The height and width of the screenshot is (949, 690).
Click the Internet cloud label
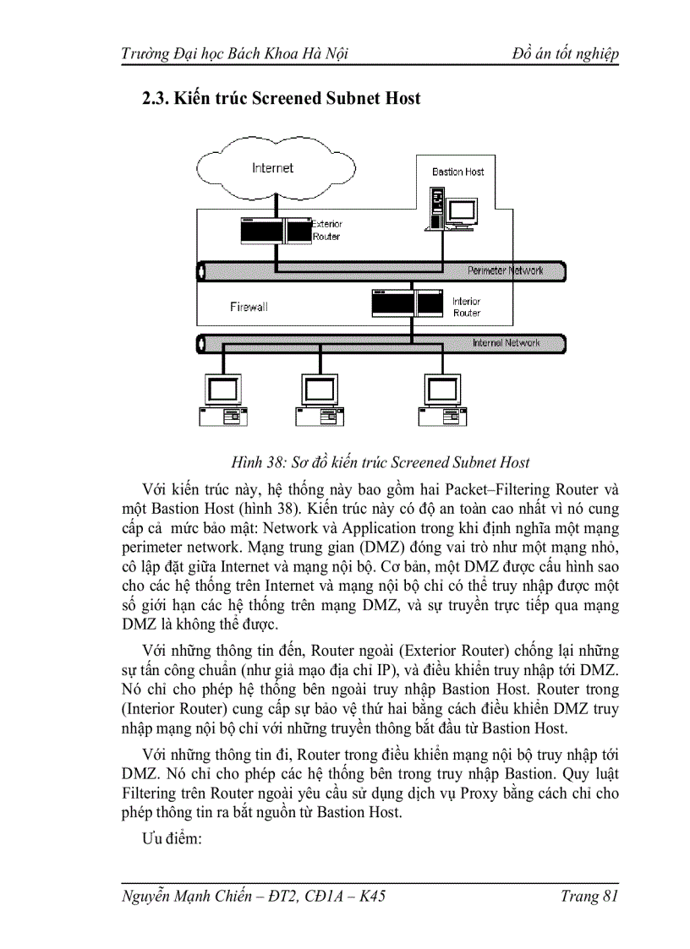point(272,167)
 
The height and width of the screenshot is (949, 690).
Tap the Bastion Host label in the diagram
point(457,172)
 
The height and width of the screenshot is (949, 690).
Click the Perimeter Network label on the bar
point(505,270)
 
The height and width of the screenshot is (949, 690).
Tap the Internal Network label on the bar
point(506,343)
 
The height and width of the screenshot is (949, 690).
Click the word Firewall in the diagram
point(249,307)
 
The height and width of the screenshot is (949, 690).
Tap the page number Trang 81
point(589,896)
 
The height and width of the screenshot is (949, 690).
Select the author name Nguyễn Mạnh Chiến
point(192,896)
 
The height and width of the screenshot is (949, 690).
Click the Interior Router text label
point(466,307)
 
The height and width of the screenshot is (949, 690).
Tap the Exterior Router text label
point(327,230)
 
